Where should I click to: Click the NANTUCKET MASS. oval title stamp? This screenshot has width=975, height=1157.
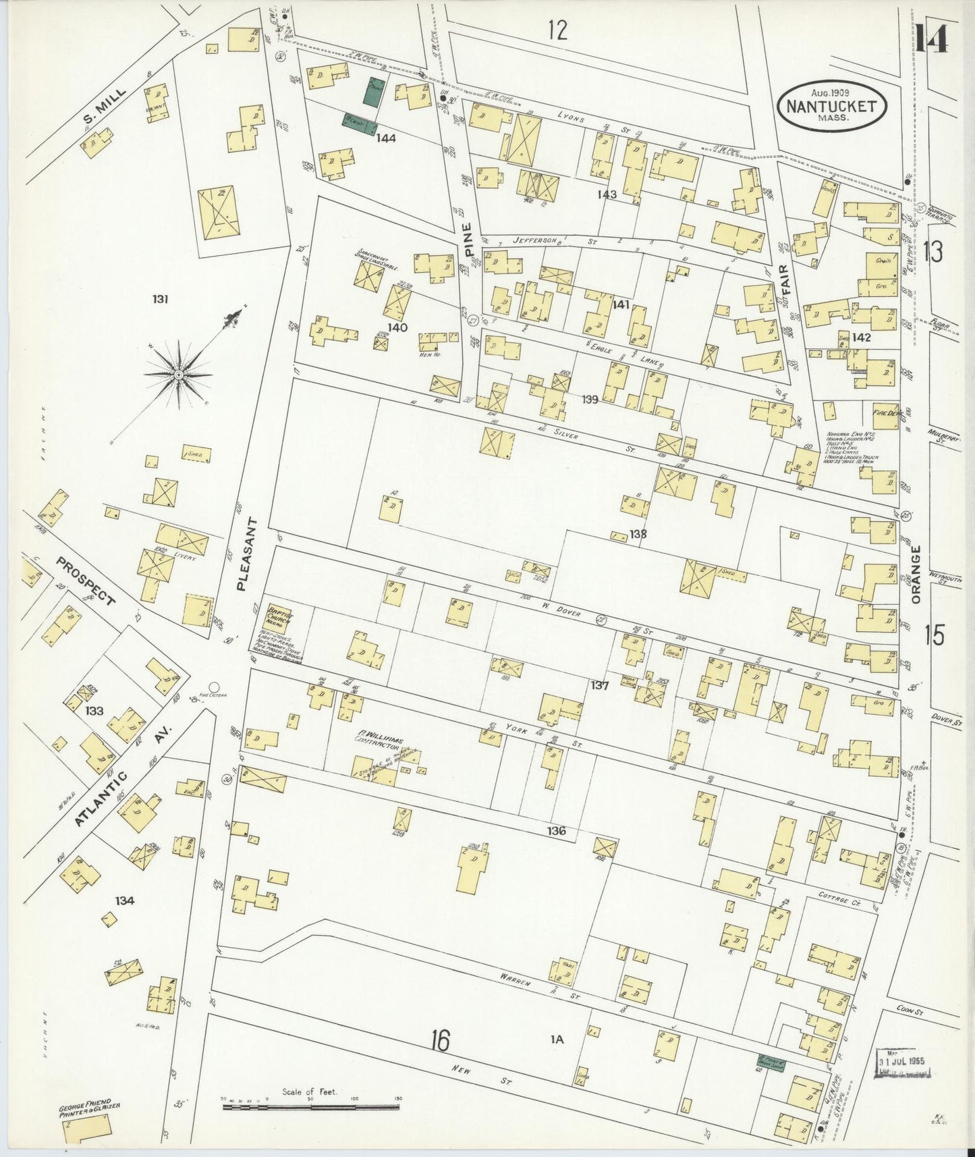[x=832, y=106]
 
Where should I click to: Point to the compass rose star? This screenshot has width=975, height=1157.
[x=178, y=374]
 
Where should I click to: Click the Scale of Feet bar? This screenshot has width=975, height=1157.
[x=312, y=1104]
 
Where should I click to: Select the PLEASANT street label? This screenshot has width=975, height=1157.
[x=245, y=554]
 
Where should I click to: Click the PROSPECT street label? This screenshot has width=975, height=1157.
[x=86, y=581]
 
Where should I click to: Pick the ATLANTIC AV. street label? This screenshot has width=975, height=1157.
[x=123, y=778]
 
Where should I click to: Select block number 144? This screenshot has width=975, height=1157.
[x=386, y=138]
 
